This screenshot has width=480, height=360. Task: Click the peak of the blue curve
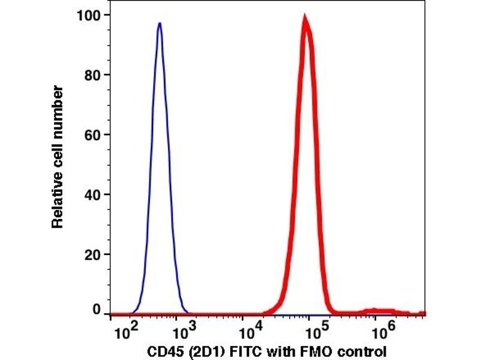[x=160, y=24]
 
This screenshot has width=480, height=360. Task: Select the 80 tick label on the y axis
[x=92, y=74]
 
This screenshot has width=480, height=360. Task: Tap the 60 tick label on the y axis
[x=92, y=134]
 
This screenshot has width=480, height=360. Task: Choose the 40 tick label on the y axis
[x=92, y=194]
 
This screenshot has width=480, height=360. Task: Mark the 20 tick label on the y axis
[x=92, y=254]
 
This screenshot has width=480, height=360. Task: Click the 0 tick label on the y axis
[x=96, y=310]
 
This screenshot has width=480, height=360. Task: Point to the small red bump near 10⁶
[x=374, y=310]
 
